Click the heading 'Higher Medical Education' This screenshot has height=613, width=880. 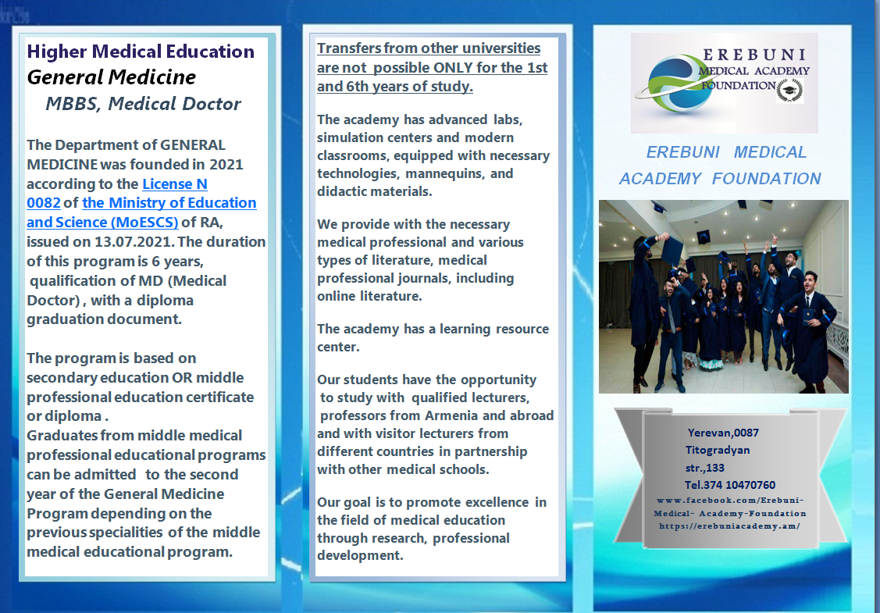pyautogui.click(x=141, y=52)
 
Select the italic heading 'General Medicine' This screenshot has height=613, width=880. pyautogui.click(x=111, y=77)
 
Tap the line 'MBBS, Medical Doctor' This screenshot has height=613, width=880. pyautogui.click(x=143, y=103)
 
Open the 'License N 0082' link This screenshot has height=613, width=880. pyautogui.click(x=117, y=193)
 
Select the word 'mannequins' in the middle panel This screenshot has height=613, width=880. pyautogui.click(x=446, y=174)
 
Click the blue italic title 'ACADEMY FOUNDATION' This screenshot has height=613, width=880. pyautogui.click(x=719, y=179)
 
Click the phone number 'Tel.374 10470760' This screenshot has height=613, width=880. pyautogui.click(x=729, y=485)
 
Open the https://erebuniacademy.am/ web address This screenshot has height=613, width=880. pyautogui.click(x=729, y=526)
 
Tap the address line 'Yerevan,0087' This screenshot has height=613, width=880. pyautogui.click(x=723, y=433)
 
